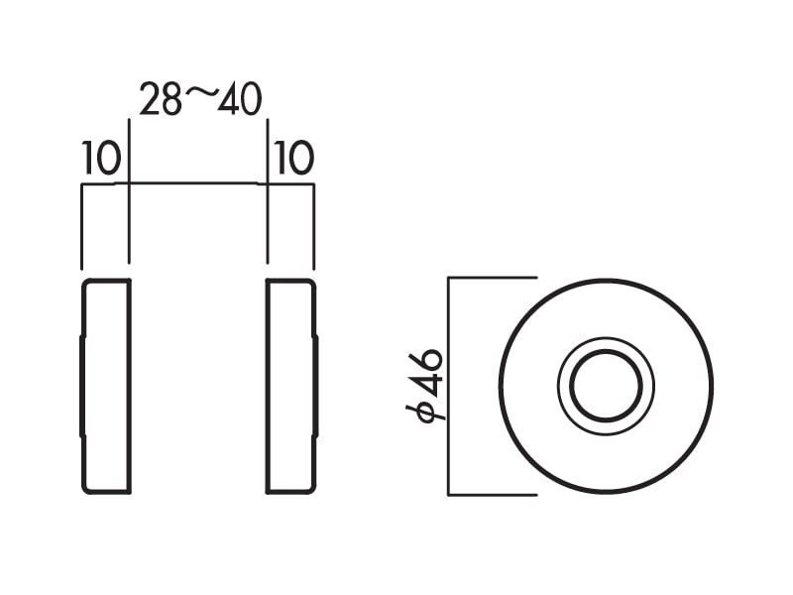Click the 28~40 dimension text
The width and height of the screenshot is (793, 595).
click(x=201, y=99)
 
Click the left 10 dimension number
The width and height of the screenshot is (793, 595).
click(x=101, y=158)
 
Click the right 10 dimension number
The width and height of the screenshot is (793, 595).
click(x=293, y=158)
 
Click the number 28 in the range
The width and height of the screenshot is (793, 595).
click(x=161, y=99)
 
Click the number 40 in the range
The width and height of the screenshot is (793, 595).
click(x=240, y=99)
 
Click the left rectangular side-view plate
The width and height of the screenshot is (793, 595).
click(x=106, y=387)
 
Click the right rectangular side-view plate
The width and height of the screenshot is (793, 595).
click(x=291, y=387)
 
